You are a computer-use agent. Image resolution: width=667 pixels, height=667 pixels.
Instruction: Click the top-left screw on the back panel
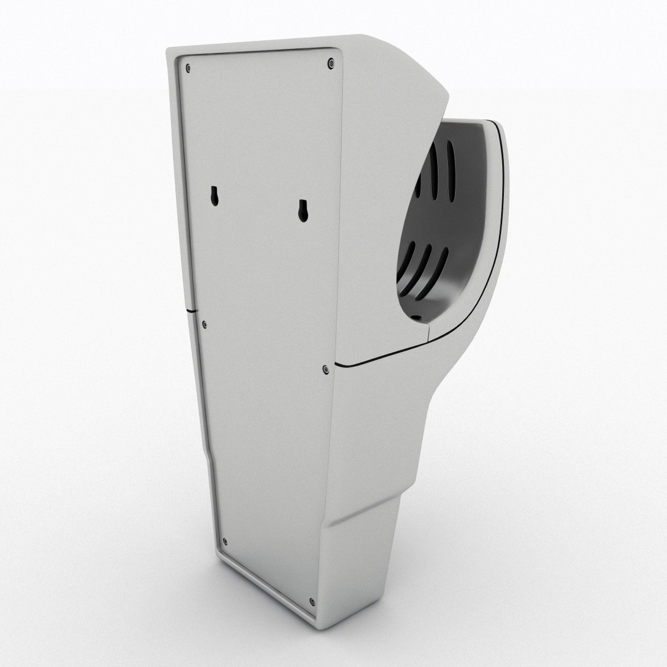[188, 67]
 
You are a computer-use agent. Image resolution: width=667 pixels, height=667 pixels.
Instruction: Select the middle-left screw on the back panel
[204, 324]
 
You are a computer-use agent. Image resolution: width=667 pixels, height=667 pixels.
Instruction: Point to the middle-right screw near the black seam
[325, 369]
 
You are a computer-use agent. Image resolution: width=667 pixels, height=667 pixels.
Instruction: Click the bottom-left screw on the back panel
[224, 542]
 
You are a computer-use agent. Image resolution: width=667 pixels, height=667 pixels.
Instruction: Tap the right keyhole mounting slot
[303, 211]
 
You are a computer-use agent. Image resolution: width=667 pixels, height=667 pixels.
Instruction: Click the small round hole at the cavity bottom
[416, 319]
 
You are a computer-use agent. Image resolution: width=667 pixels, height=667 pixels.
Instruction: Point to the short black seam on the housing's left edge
[190, 306]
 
